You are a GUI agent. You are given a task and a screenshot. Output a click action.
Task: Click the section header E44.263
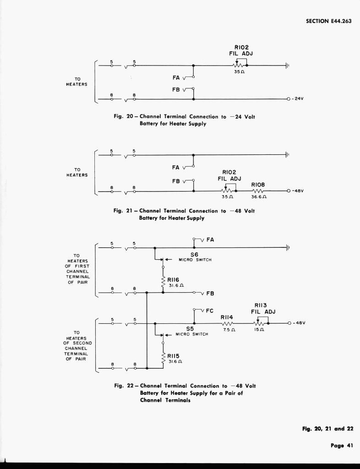328,21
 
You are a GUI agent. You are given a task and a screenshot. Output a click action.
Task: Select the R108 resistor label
258,184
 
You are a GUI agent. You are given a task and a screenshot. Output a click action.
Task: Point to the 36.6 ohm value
259,197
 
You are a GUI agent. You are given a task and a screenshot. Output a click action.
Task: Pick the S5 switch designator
190,328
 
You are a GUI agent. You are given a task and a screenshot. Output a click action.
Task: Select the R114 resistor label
227,316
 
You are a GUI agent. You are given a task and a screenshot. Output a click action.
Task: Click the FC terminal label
210,311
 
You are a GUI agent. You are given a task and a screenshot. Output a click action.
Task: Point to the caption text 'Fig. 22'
124,386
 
